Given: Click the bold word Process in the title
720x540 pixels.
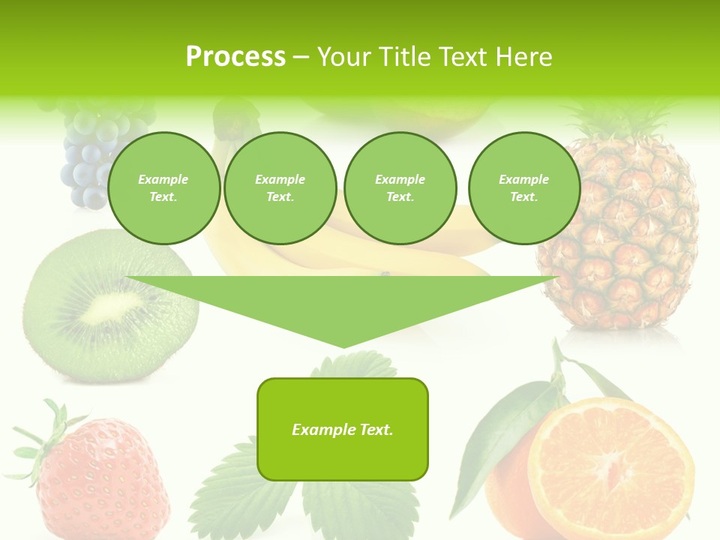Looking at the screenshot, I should pos(235,57).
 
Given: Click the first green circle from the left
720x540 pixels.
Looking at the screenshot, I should pos(163,188).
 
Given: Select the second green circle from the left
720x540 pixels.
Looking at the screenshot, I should pos(280,188).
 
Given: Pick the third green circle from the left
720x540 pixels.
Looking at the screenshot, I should pos(400,188).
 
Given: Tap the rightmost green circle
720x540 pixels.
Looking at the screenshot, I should pos(523,188).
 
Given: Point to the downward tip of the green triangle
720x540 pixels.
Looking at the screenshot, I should pos(343,345).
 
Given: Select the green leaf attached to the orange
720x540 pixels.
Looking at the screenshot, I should pos(495,435).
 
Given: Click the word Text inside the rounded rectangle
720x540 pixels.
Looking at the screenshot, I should pos(376,430).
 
